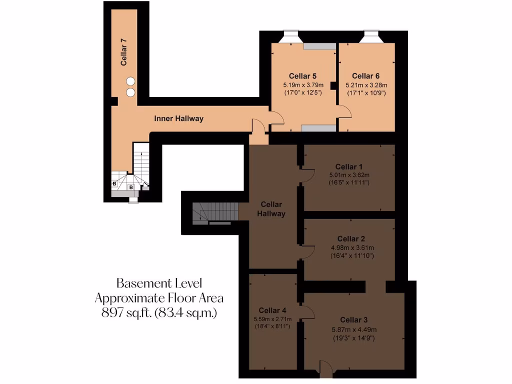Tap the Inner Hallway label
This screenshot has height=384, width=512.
[178, 118]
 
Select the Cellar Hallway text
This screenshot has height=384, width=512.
[271, 209]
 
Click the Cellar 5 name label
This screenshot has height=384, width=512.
[302, 76]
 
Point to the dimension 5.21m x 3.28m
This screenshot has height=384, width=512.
[366, 85]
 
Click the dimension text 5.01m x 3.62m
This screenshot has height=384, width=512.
[349, 175]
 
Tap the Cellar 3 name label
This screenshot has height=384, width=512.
[353, 320]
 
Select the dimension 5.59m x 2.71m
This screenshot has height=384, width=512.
[272, 319]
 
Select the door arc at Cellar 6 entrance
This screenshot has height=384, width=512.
[345, 111]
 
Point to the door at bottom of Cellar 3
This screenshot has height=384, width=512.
[325, 369]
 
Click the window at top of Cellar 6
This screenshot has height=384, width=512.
[371, 36]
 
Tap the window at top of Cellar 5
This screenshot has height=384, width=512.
[291, 36]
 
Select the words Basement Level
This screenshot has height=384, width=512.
[159, 283]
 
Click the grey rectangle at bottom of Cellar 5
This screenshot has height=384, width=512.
[318, 128]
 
